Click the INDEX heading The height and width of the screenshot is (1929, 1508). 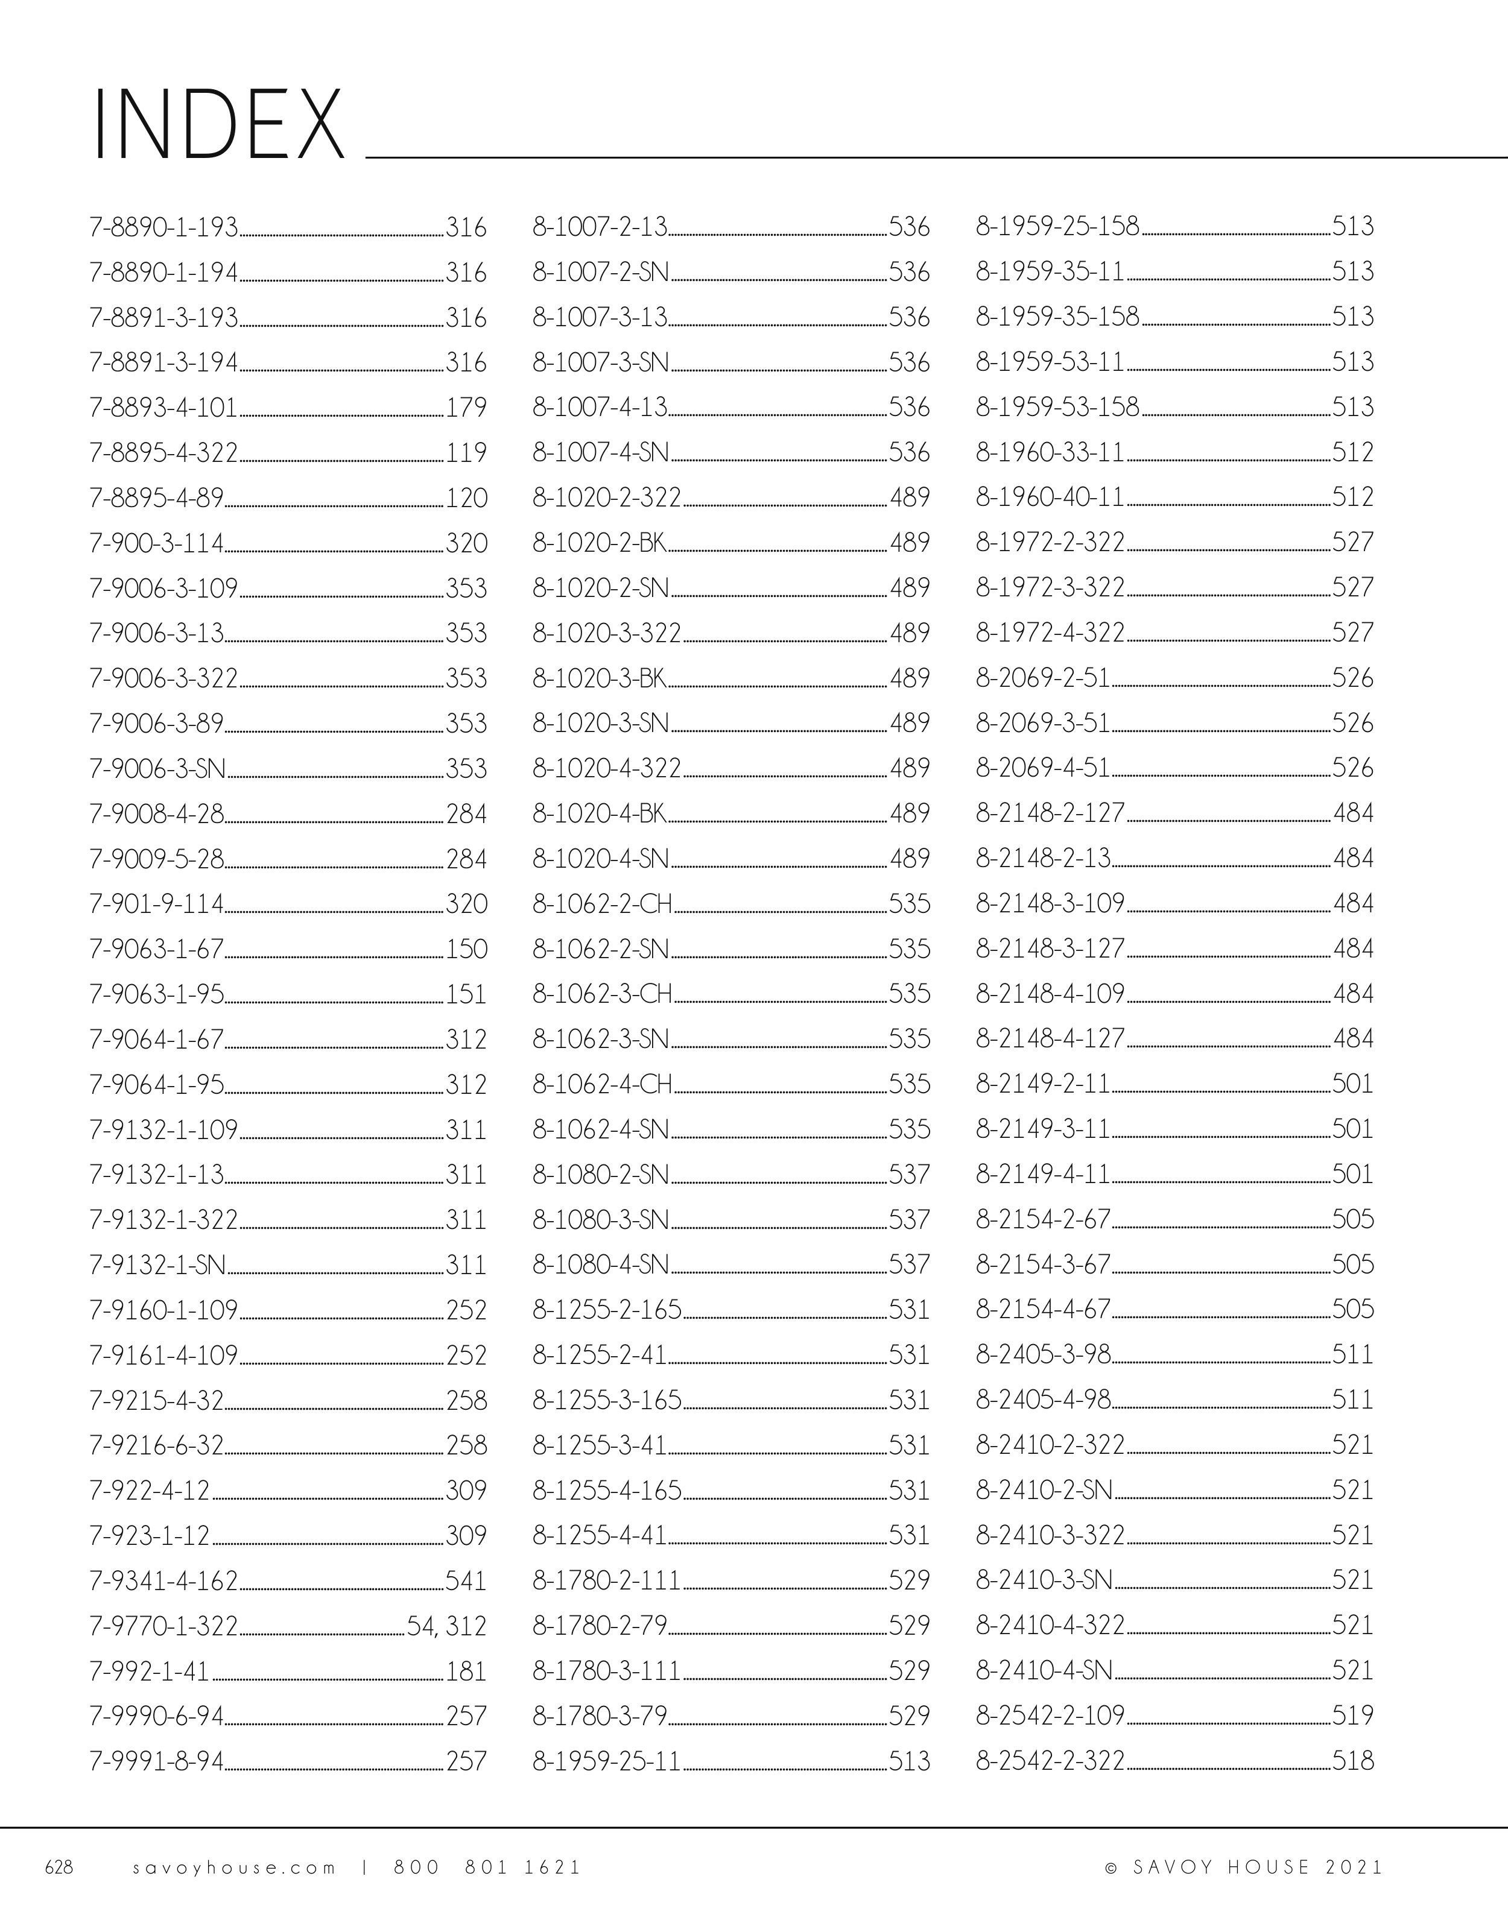[217, 125]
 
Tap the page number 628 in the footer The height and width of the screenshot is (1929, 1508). [59, 1867]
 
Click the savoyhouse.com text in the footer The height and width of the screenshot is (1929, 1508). [234, 1867]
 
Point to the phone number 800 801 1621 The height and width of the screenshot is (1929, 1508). [487, 1867]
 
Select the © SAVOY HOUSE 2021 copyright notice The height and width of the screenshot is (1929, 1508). [1244, 1867]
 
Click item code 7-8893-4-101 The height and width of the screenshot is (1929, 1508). [163, 407]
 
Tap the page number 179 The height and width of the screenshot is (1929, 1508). [466, 407]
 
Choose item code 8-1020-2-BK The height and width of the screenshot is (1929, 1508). [599, 542]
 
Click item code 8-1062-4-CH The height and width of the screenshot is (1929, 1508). [603, 1084]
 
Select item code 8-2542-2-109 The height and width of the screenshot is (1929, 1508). [1050, 1716]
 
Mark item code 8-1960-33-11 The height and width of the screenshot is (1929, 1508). [1050, 452]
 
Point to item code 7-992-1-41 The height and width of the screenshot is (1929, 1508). [150, 1671]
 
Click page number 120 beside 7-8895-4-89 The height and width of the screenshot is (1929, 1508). [466, 498]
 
